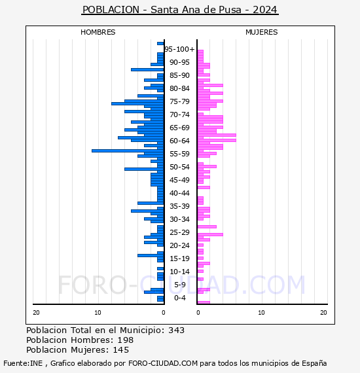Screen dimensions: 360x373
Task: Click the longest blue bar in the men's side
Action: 128,151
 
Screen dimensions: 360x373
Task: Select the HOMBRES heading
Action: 98,32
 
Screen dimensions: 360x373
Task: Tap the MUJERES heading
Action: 262,32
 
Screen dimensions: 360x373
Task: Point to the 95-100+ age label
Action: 179,49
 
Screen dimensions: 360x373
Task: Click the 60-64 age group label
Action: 179,141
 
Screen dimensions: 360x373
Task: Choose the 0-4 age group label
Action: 180,298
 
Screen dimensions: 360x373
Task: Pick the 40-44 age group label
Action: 179,193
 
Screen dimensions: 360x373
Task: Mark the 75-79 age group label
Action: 179,101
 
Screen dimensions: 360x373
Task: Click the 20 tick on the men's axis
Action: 36,313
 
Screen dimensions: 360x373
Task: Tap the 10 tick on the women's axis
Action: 261,313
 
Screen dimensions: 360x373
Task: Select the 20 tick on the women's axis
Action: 323,313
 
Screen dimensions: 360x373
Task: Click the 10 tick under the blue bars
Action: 98,313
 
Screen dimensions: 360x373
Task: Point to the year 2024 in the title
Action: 265,10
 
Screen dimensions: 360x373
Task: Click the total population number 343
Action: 176,330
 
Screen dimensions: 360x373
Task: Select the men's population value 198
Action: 126,340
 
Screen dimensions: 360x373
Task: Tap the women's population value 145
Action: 121,350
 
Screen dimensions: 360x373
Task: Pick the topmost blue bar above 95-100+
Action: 160,44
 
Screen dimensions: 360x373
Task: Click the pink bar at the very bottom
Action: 204,302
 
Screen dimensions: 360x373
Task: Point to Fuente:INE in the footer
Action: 23,363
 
